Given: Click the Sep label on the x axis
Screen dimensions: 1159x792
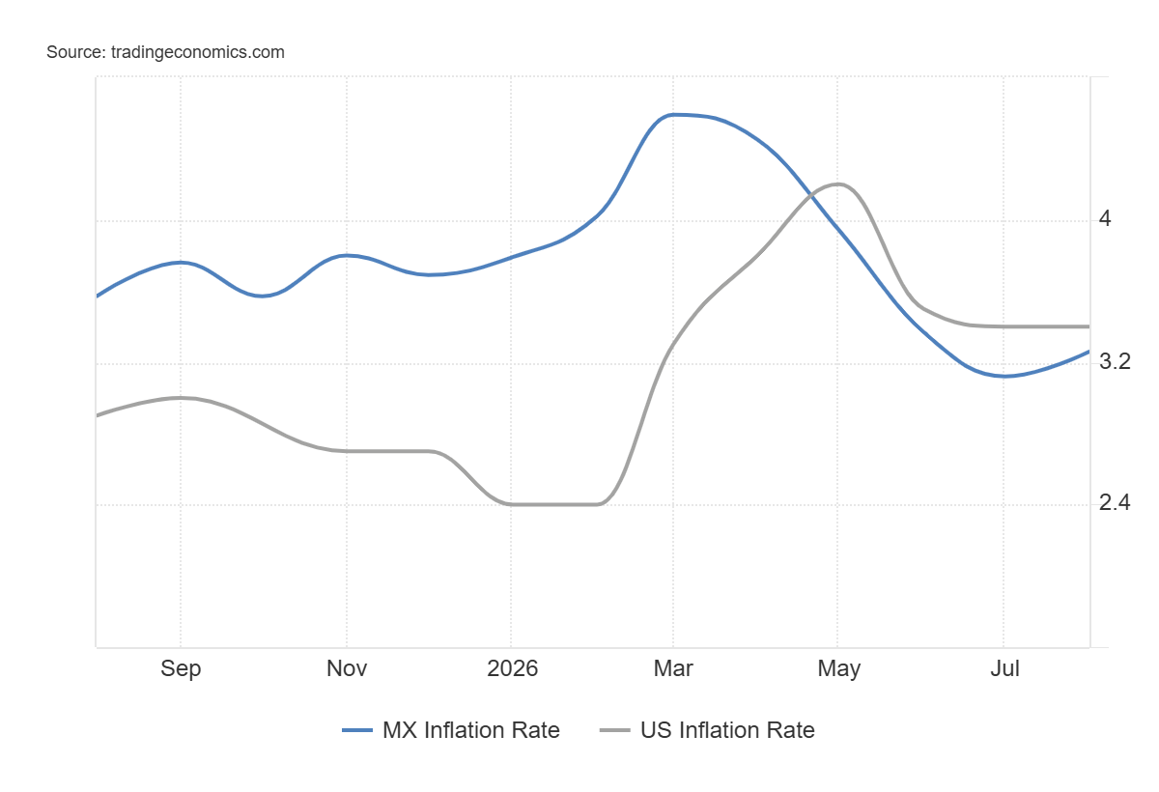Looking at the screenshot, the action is tap(181, 669).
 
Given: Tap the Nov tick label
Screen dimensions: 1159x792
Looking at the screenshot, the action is tap(347, 668).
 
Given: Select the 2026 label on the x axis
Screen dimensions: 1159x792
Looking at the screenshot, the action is tap(512, 668).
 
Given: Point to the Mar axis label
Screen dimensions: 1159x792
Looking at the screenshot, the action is tap(673, 668).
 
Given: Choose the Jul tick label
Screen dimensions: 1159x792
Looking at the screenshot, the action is tap(1004, 668).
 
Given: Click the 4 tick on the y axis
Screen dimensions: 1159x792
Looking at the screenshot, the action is tap(1105, 219).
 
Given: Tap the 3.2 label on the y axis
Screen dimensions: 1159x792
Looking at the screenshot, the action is tap(1115, 361).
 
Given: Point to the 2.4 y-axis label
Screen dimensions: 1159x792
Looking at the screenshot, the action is tap(1115, 502).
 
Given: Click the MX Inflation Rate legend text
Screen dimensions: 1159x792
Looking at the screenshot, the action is tap(471, 730).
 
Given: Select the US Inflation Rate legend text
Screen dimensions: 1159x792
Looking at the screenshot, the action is tap(727, 730).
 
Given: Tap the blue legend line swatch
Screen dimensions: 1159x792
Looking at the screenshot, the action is tap(357, 730).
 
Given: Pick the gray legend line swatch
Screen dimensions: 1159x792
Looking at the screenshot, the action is tap(614, 730).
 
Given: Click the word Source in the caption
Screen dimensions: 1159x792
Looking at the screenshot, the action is tap(76, 52).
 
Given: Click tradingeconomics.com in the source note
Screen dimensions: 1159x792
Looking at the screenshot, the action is tap(198, 52).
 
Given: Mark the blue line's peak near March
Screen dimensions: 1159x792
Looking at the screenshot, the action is tap(673, 115).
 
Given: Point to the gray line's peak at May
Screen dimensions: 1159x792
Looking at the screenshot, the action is tap(838, 184).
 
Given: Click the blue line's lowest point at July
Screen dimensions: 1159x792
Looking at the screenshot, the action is tap(1004, 376).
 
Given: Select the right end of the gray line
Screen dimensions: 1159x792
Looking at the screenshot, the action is tap(1089, 326).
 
